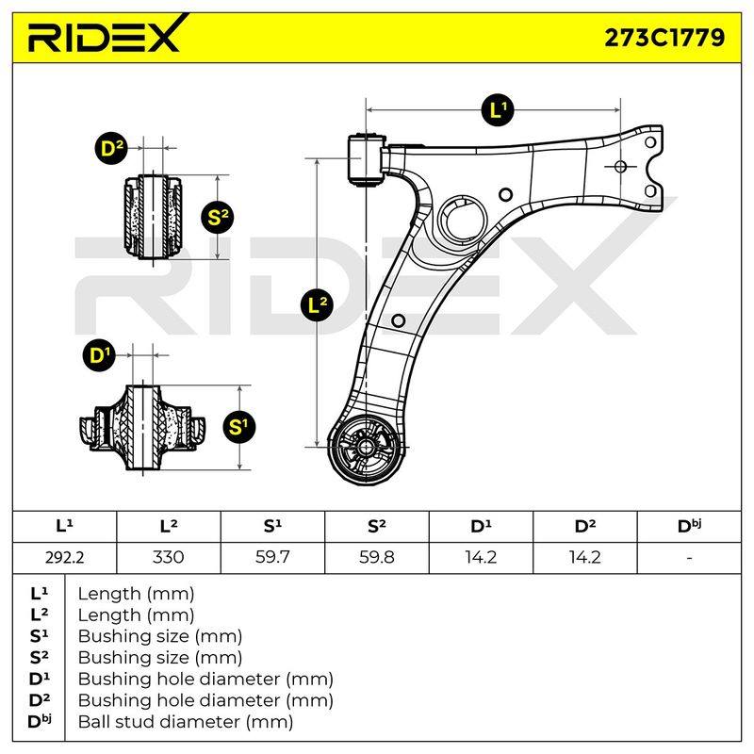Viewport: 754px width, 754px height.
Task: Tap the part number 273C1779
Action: [x=664, y=38]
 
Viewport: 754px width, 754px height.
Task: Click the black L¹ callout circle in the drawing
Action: [x=498, y=110]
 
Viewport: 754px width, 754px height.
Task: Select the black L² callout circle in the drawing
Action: [x=317, y=304]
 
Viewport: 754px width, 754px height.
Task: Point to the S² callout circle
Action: [x=218, y=218]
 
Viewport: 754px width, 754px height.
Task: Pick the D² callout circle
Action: [x=111, y=148]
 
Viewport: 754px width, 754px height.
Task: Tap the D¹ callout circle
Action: [x=100, y=355]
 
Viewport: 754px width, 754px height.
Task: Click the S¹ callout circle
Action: [x=239, y=427]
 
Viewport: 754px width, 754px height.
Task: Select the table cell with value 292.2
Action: [x=64, y=557]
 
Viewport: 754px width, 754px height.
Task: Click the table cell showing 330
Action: [x=169, y=557]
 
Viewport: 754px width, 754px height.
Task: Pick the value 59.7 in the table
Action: [x=272, y=557]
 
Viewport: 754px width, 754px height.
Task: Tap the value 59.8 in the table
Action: [x=376, y=557]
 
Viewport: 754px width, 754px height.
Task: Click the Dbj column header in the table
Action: [x=689, y=526]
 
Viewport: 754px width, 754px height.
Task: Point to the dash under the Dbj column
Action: [x=689, y=558]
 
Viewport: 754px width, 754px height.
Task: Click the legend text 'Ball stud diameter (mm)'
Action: [x=186, y=721]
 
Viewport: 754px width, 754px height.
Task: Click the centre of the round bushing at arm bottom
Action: [x=366, y=448]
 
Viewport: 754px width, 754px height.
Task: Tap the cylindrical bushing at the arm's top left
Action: [x=366, y=159]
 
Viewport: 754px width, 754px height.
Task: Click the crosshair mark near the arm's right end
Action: [x=620, y=167]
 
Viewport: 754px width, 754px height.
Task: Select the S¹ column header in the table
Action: [x=272, y=526]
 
